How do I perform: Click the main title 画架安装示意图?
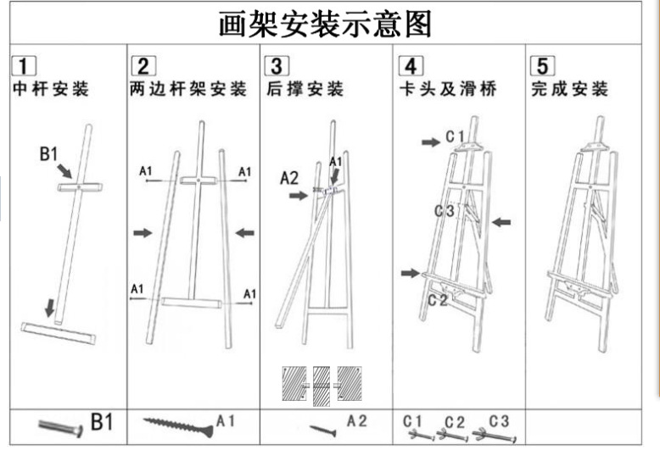(x=325, y=24)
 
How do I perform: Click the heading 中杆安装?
(x=50, y=89)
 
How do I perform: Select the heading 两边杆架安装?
(x=187, y=89)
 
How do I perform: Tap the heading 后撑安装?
(x=304, y=89)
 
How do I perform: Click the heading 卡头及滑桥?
(x=447, y=89)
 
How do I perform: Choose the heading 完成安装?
(x=569, y=89)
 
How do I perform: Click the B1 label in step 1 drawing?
(x=49, y=153)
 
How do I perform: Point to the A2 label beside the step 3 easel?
(x=290, y=178)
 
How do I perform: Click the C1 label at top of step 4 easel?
(x=455, y=136)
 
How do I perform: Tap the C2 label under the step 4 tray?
(x=438, y=299)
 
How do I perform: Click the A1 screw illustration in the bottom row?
(x=176, y=421)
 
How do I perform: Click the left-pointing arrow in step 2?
(x=245, y=232)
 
